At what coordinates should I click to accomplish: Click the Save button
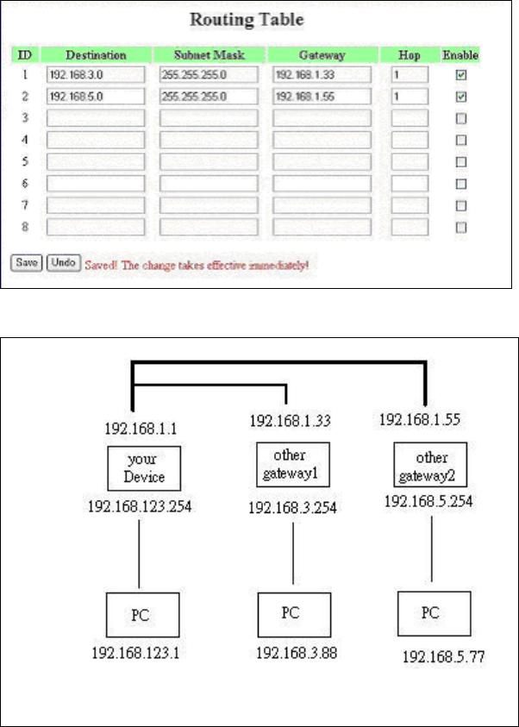[26, 261]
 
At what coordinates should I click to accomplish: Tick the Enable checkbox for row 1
[461, 75]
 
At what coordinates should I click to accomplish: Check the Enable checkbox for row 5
[461, 161]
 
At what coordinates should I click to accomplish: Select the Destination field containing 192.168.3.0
[95, 75]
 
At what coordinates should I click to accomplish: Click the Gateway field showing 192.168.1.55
[322, 96]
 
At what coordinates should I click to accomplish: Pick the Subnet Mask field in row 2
[209, 96]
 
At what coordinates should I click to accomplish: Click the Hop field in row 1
[410, 75]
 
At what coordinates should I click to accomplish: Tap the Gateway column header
[322, 55]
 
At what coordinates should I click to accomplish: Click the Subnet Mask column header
[209, 55]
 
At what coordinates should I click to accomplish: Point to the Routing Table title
[258, 20]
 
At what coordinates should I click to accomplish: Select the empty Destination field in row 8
[95, 227]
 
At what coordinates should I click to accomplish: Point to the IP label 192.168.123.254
[141, 507]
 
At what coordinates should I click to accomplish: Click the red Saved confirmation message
[197, 262]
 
